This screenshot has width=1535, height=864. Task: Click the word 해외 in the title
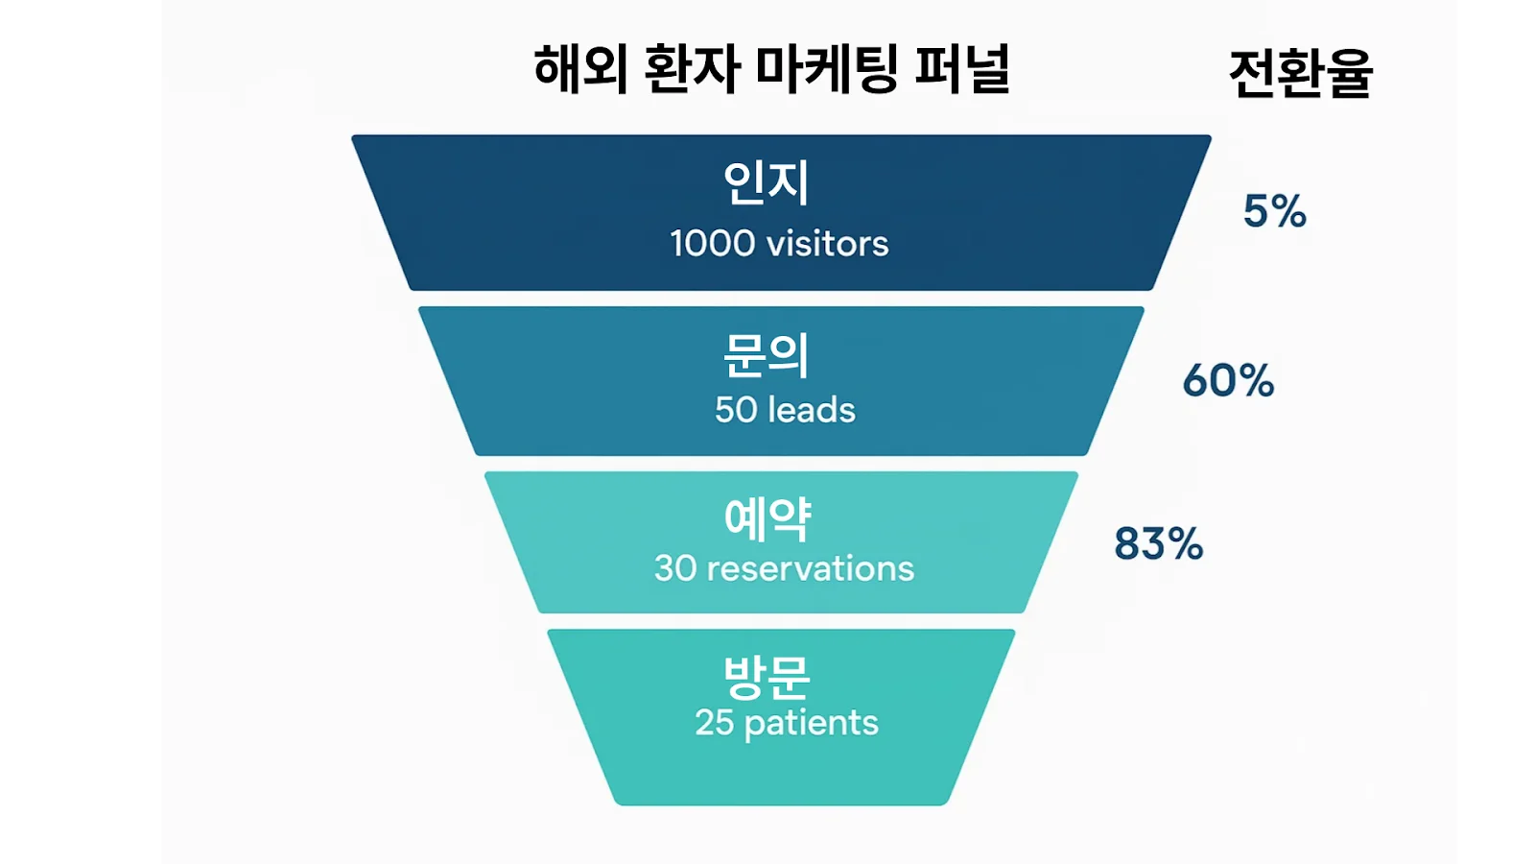[580, 69]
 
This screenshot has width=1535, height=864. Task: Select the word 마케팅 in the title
[826, 69]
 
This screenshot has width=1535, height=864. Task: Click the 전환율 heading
[1300, 73]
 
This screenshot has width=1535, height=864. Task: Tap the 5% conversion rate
[1274, 211]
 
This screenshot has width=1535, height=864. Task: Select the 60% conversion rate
[1228, 380]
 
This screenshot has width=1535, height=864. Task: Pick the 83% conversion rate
[1158, 543]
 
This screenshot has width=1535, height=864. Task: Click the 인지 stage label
[766, 182]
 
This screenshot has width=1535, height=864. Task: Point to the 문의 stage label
[766, 355]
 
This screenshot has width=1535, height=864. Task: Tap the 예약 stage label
[767, 519]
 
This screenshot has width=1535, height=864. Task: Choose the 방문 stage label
[767, 676]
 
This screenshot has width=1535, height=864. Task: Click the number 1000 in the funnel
[713, 244]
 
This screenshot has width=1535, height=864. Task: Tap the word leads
[812, 410]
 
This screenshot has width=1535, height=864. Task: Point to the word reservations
[810, 568]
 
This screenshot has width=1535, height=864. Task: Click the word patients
[811, 723]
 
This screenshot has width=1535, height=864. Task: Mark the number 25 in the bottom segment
[714, 722]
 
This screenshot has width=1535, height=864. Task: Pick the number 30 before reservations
[675, 568]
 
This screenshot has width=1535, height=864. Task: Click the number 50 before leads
[736, 410]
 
